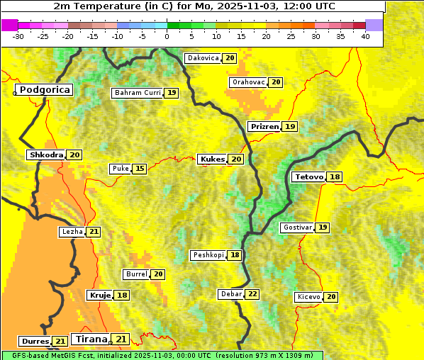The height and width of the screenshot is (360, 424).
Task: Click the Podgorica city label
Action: (x=45, y=90)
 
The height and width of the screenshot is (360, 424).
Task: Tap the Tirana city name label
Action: (x=91, y=339)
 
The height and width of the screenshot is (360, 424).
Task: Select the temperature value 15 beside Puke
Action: (x=140, y=169)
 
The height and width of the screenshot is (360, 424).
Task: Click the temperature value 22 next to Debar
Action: (x=252, y=294)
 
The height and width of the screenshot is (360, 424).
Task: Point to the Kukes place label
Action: (x=213, y=159)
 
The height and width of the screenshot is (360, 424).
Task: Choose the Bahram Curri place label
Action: (x=138, y=93)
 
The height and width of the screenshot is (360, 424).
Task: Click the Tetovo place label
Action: (x=308, y=176)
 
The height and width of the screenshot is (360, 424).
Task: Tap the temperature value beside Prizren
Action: (x=290, y=126)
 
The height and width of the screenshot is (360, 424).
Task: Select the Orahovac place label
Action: (x=248, y=82)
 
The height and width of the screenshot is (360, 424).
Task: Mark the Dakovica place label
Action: (x=202, y=58)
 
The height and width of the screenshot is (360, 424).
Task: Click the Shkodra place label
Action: (x=46, y=154)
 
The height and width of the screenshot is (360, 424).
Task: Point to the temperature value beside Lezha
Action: (x=94, y=232)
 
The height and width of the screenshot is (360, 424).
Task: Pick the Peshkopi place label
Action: (x=208, y=255)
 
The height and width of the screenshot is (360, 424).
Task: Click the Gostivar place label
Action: (x=297, y=227)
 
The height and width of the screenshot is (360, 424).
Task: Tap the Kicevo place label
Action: (x=309, y=297)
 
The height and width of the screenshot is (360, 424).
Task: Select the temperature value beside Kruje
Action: (x=123, y=295)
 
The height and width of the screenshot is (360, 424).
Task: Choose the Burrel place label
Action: (x=135, y=274)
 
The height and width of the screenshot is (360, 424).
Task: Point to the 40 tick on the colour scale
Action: (x=365, y=35)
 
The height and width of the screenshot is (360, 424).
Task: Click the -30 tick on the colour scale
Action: (x=18, y=35)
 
